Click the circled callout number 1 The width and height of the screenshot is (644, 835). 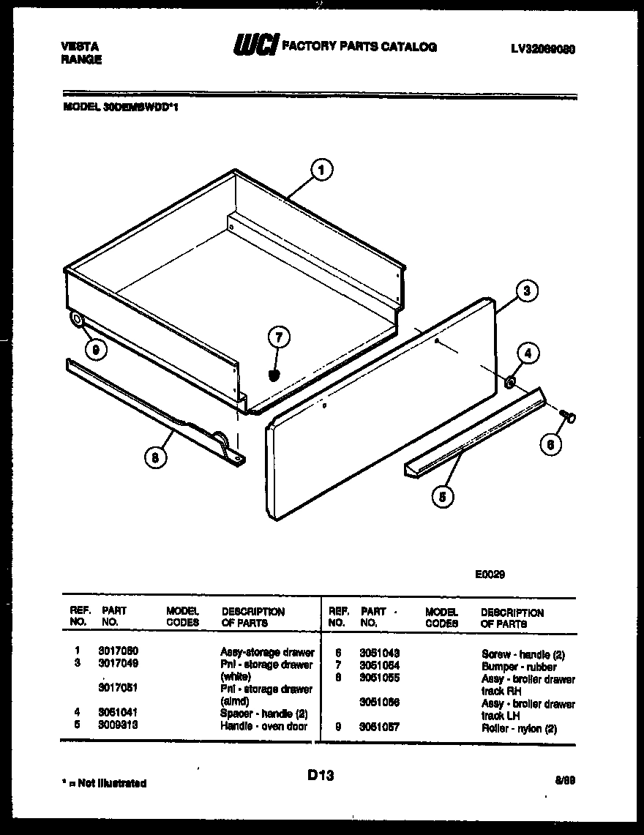coord(321,171)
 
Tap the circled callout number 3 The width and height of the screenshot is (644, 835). coord(526,291)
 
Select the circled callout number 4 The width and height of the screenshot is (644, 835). coord(529,353)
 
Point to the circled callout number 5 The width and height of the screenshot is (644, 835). coord(441,497)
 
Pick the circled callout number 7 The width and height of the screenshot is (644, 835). coord(279,339)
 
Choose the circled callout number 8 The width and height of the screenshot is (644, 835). coord(154,459)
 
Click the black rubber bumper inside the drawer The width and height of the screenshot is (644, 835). coord(275,375)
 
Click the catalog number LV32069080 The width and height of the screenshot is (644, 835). coord(542,49)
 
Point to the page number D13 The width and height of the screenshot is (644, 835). coord(321,775)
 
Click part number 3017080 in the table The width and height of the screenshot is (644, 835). coord(118,651)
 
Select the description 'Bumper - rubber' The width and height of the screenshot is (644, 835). coord(518,667)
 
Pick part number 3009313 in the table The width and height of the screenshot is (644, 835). coord(118,725)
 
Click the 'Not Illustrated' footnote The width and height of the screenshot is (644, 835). coord(104,783)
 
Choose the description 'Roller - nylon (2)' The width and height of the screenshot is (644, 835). coord(519,729)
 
